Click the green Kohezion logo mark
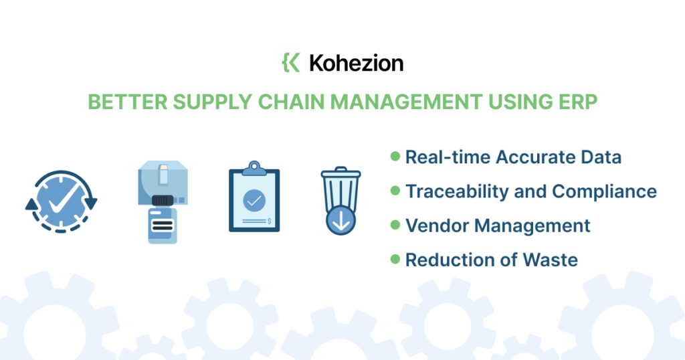[x=291, y=62]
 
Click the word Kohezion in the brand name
[x=357, y=63]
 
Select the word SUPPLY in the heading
[x=212, y=102]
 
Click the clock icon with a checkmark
[x=61, y=201]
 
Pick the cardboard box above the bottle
[x=163, y=182]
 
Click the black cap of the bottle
[x=163, y=201]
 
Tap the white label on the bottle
[x=162, y=225]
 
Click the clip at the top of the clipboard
[x=254, y=168]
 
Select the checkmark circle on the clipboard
[x=254, y=201]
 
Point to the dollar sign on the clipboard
[x=269, y=221]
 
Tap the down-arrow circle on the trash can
[x=340, y=221]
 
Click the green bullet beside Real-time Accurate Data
[x=395, y=156]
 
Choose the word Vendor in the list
[x=437, y=226]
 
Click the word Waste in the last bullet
[x=551, y=260]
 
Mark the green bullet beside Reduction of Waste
[x=395, y=259]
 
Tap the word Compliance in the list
[x=605, y=191]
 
